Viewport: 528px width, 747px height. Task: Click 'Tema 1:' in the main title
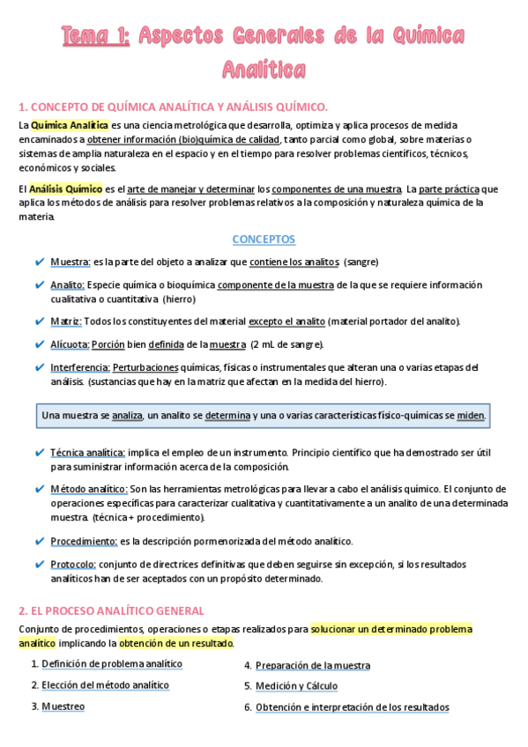(x=96, y=36)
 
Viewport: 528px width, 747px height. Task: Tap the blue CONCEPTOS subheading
(x=264, y=240)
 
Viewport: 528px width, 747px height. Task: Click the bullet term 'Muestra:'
(x=71, y=263)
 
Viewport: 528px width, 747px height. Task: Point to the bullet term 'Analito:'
(x=68, y=285)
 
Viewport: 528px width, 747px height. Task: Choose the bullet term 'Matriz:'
(x=67, y=322)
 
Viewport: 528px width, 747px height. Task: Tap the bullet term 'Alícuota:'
(x=70, y=344)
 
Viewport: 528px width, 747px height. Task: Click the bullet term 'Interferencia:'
(x=79, y=367)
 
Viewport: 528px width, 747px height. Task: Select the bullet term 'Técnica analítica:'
(x=87, y=452)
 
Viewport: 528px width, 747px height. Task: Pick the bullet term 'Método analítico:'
(x=89, y=489)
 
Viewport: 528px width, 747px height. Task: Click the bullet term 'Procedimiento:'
(x=84, y=541)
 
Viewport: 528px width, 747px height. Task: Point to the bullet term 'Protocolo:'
(x=73, y=564)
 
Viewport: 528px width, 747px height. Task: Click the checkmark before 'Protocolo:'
(x=41, y=564)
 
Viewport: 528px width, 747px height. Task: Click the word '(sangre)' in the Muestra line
(x=361, y=263)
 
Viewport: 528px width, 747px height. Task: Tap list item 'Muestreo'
(x=63, y=706)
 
